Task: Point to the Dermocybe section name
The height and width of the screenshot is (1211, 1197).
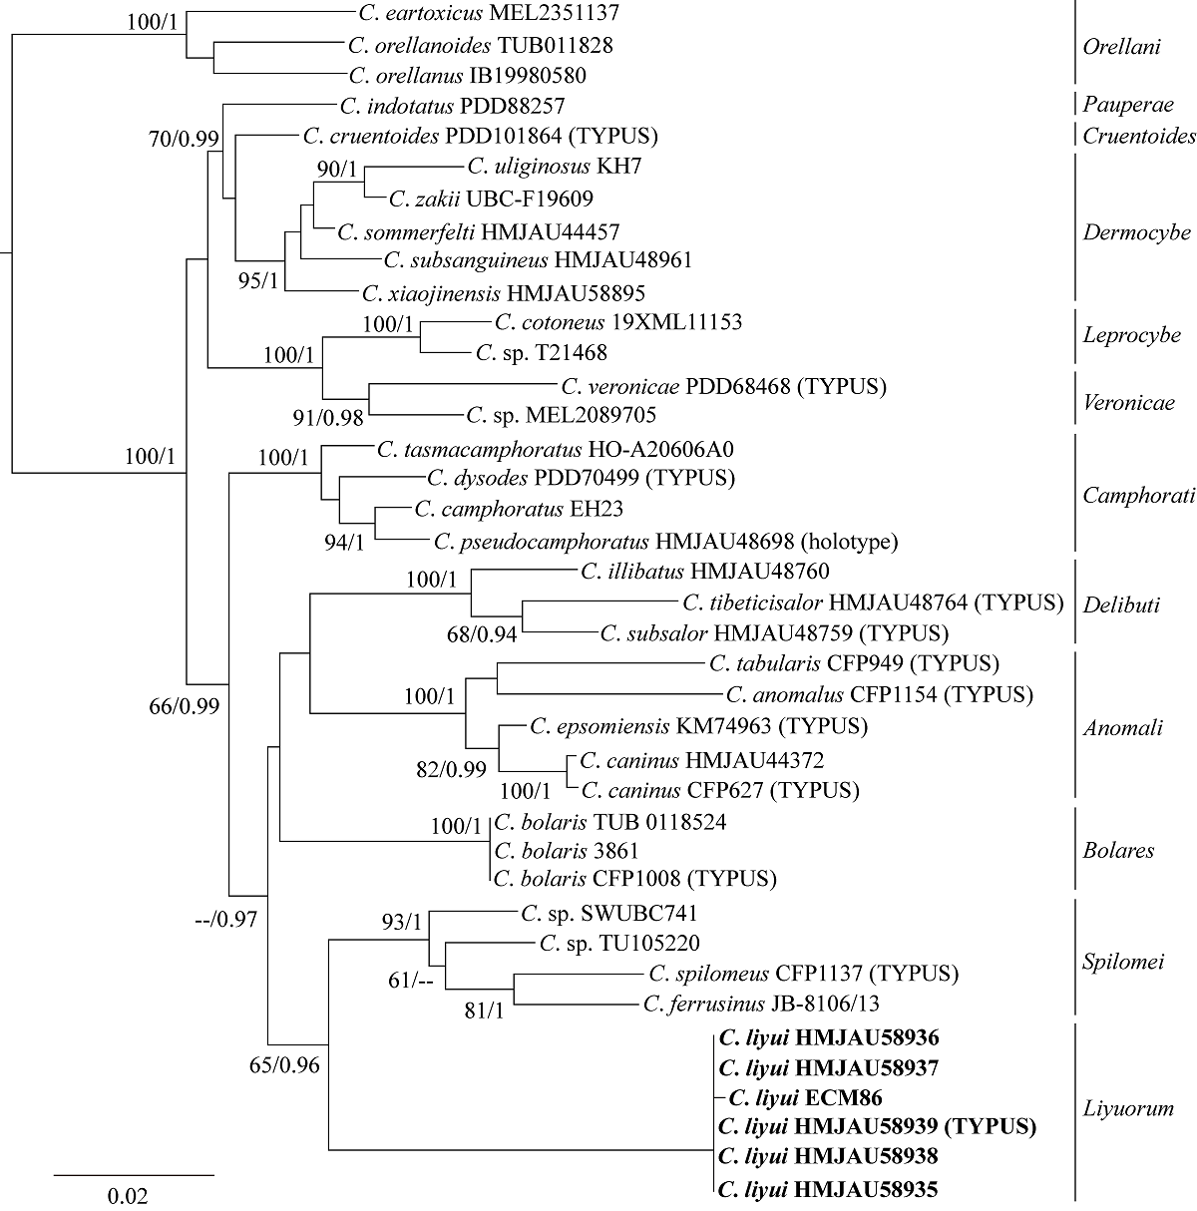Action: (x=1136, y=232)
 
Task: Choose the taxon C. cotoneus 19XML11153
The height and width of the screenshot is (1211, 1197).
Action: (x=617, y=322)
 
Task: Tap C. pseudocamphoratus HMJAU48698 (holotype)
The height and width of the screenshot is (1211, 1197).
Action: (x=666, y=542)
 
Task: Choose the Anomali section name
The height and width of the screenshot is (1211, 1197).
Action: (x=1122, y=727)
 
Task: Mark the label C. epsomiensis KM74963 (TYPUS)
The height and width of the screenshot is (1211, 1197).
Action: (x=698, y=726)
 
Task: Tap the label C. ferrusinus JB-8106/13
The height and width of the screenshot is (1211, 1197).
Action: (x=761, y=1003)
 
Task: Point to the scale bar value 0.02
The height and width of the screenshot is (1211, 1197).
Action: (x=127, y=1195)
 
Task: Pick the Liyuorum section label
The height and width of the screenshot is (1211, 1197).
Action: (x=1128, y=1108)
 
